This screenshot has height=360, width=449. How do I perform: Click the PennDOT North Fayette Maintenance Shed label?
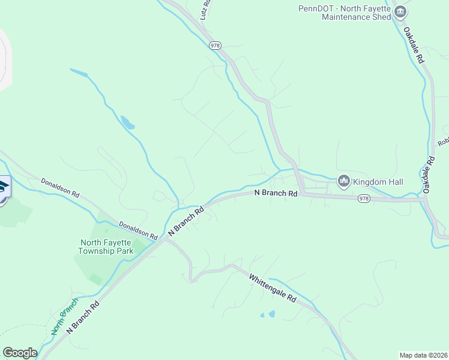(345, 13)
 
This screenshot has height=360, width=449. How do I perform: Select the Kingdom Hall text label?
(378, 182)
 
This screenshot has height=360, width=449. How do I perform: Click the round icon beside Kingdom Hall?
(344, 181)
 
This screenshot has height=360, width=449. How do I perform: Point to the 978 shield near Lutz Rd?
(215, 45)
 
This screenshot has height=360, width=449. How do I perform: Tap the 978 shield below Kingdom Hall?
(364, 198)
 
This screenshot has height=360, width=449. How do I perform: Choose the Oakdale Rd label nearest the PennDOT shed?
(414, 46)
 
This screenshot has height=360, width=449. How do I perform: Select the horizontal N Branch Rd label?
(276, 193)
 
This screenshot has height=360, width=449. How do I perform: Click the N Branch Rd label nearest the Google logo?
(83, 317)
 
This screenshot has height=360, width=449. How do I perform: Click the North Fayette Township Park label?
(107, 247)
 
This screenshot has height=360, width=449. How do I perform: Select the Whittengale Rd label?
(273, 289)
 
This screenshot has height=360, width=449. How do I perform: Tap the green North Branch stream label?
(64, 316)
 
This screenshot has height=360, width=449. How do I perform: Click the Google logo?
(20, 353)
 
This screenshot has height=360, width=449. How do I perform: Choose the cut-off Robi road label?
(443, 142)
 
